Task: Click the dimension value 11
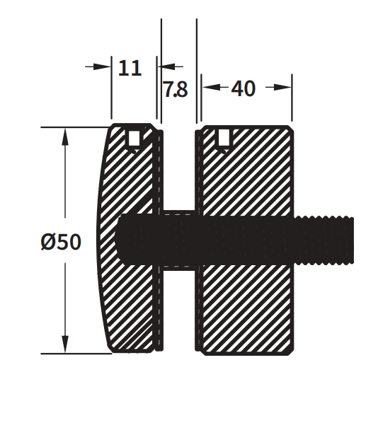(x=130, y=68)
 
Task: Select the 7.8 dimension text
(x=176, y=90)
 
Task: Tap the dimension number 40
(x=243, y=89)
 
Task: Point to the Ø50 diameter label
(x=61, y=243)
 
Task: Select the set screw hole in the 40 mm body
(x=223, y=139)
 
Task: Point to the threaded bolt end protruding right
(x=326, y=240)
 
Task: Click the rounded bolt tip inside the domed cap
(x=122, y=240)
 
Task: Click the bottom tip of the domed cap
(x=113, y=351)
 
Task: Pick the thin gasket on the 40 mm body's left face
(x=199, y=297)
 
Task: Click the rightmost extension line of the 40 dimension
(x=292, y=99)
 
